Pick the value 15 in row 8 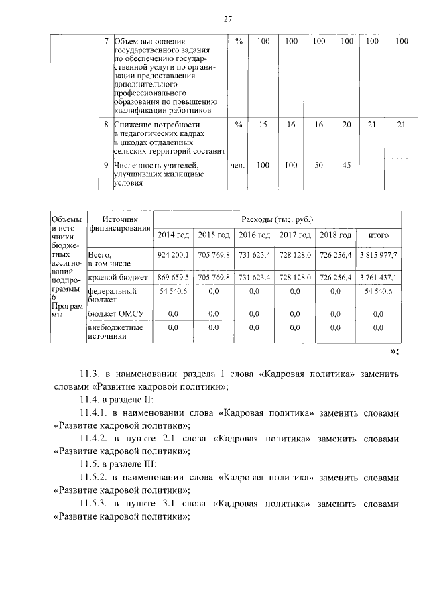[263, 125]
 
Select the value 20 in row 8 [346, 125]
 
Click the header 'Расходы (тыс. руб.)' [278, 219]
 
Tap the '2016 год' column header [255, 235]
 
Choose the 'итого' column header [379, 235]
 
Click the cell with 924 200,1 [173, 256]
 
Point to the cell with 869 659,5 [173, 277]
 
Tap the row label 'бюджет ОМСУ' [117, 313]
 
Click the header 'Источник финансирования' [119, 223]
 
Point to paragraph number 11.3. [89, 373]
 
